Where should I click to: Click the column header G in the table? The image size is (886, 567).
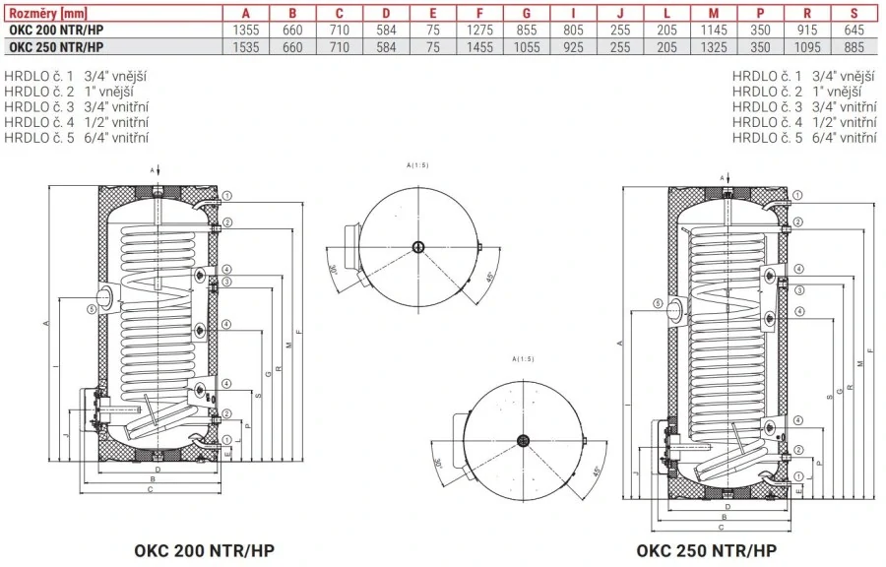coord(528,13)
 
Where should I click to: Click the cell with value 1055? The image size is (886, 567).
coord(528,45)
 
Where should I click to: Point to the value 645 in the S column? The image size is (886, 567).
coord(854,30)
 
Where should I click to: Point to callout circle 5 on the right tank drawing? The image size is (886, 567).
coord(655,304)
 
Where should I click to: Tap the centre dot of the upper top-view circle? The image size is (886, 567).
coord(418,246)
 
